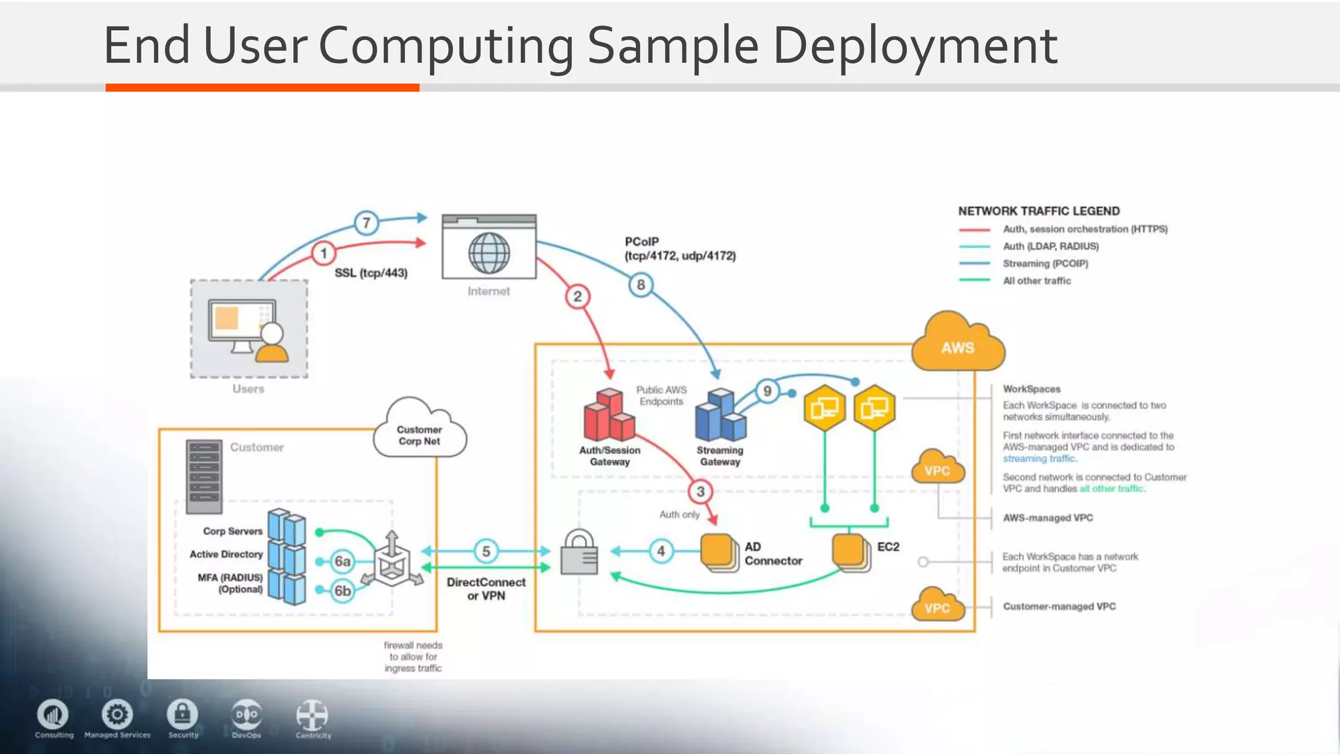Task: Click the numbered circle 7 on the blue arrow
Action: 366,223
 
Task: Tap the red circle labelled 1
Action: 323,253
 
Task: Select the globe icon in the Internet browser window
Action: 489,253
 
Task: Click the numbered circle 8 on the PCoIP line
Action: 641,285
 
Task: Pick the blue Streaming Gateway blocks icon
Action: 720,416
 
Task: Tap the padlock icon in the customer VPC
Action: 580,553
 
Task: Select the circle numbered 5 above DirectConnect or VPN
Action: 485,551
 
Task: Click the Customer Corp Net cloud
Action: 419,432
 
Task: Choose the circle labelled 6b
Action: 342,590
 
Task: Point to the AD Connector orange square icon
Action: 718,552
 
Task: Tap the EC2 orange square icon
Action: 850,551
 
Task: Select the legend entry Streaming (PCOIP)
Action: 1045,264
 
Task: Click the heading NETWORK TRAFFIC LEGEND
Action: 1038,211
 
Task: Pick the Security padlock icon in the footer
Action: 183,715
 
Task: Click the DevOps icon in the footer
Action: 247,715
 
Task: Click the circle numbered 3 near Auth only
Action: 700,492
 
